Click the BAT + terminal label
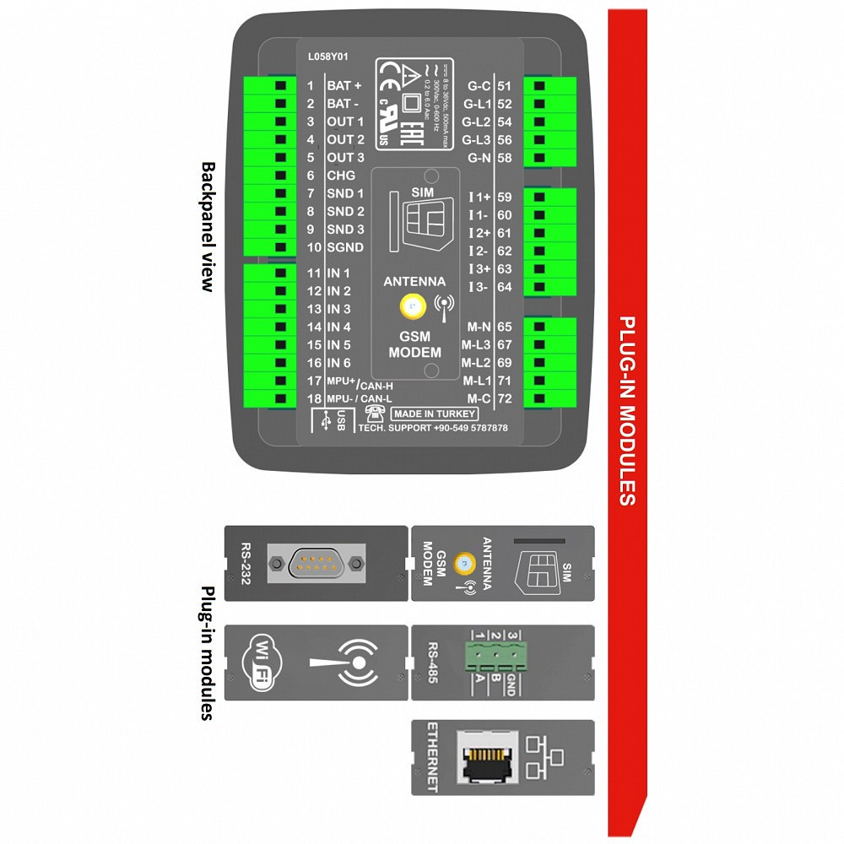[344, 86]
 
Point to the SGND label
[345, 247]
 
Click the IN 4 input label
[338, 327]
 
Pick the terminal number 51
[505, 86]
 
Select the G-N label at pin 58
[479, 158]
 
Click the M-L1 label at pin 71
[476, 381]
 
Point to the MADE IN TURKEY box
[434, 414]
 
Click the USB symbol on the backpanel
[326, 420]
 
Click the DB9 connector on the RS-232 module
[316, 564]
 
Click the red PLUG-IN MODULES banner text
[627, 411]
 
